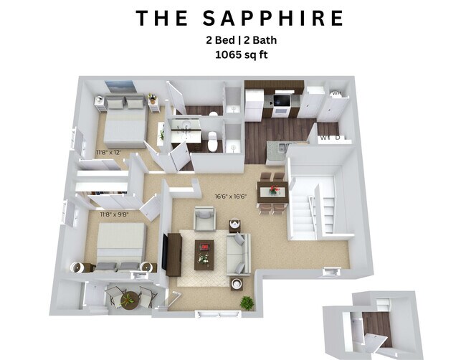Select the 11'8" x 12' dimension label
click(x=109, y=152)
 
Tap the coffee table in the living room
click(x=205, y=253)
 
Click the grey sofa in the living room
click(x=237, y=254)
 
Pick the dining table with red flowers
click(x=273, y=190)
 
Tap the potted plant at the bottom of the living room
click(x=247, y=303)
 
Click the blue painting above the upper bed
click(x=119, y=87)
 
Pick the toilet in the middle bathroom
click(x=211, y=141)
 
